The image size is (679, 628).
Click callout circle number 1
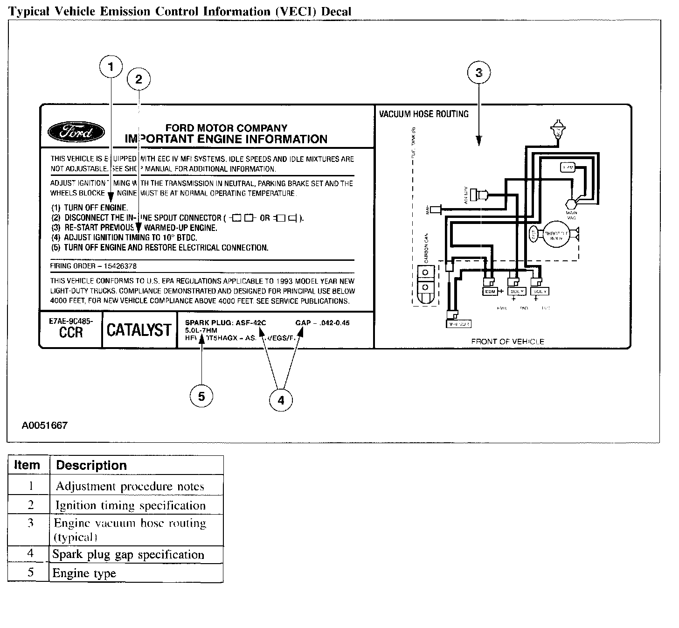tap(111, 67)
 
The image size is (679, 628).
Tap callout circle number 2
tap(139, 79)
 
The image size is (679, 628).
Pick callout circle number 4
tap(281, 400)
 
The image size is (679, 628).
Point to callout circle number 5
tap(201, 397)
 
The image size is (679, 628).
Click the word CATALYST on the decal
tap(139, 330)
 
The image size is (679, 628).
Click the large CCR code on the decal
tap(71, 332)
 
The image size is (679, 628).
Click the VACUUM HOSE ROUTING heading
tap(423, 114)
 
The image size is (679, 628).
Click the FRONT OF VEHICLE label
tap(507, 342)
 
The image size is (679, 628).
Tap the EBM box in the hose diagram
tap(490, 291)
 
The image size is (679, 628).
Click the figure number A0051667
tap(45, 426)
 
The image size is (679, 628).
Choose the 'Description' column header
tap(91, 465)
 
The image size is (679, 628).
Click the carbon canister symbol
tap(424, 285)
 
